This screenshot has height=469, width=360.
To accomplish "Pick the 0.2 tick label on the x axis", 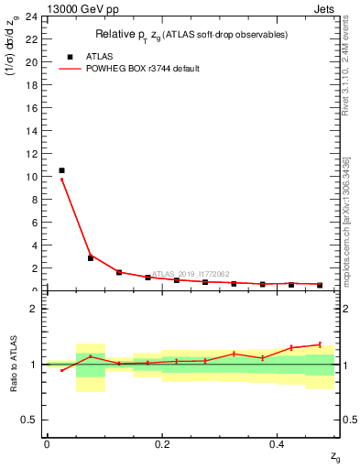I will click(162, 444).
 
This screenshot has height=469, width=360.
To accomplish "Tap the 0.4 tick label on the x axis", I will click(277, 444).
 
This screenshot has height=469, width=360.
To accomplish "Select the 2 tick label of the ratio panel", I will click(34, 310).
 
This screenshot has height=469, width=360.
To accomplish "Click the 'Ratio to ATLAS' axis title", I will click(14, 365).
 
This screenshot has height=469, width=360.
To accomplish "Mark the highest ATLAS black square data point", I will click(61, 170).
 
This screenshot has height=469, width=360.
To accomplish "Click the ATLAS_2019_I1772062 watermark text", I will click(191, 273).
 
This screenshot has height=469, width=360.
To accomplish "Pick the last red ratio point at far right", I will click(320, 344).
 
